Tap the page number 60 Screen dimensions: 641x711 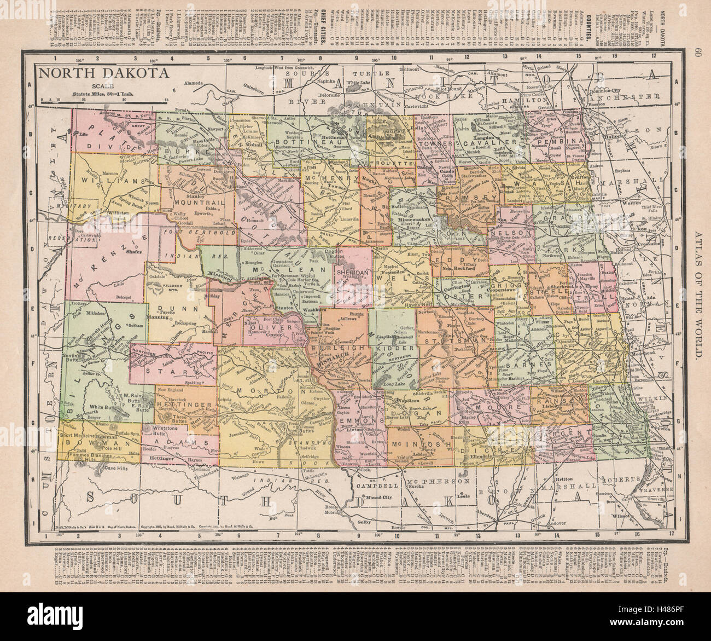coord(696,53)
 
